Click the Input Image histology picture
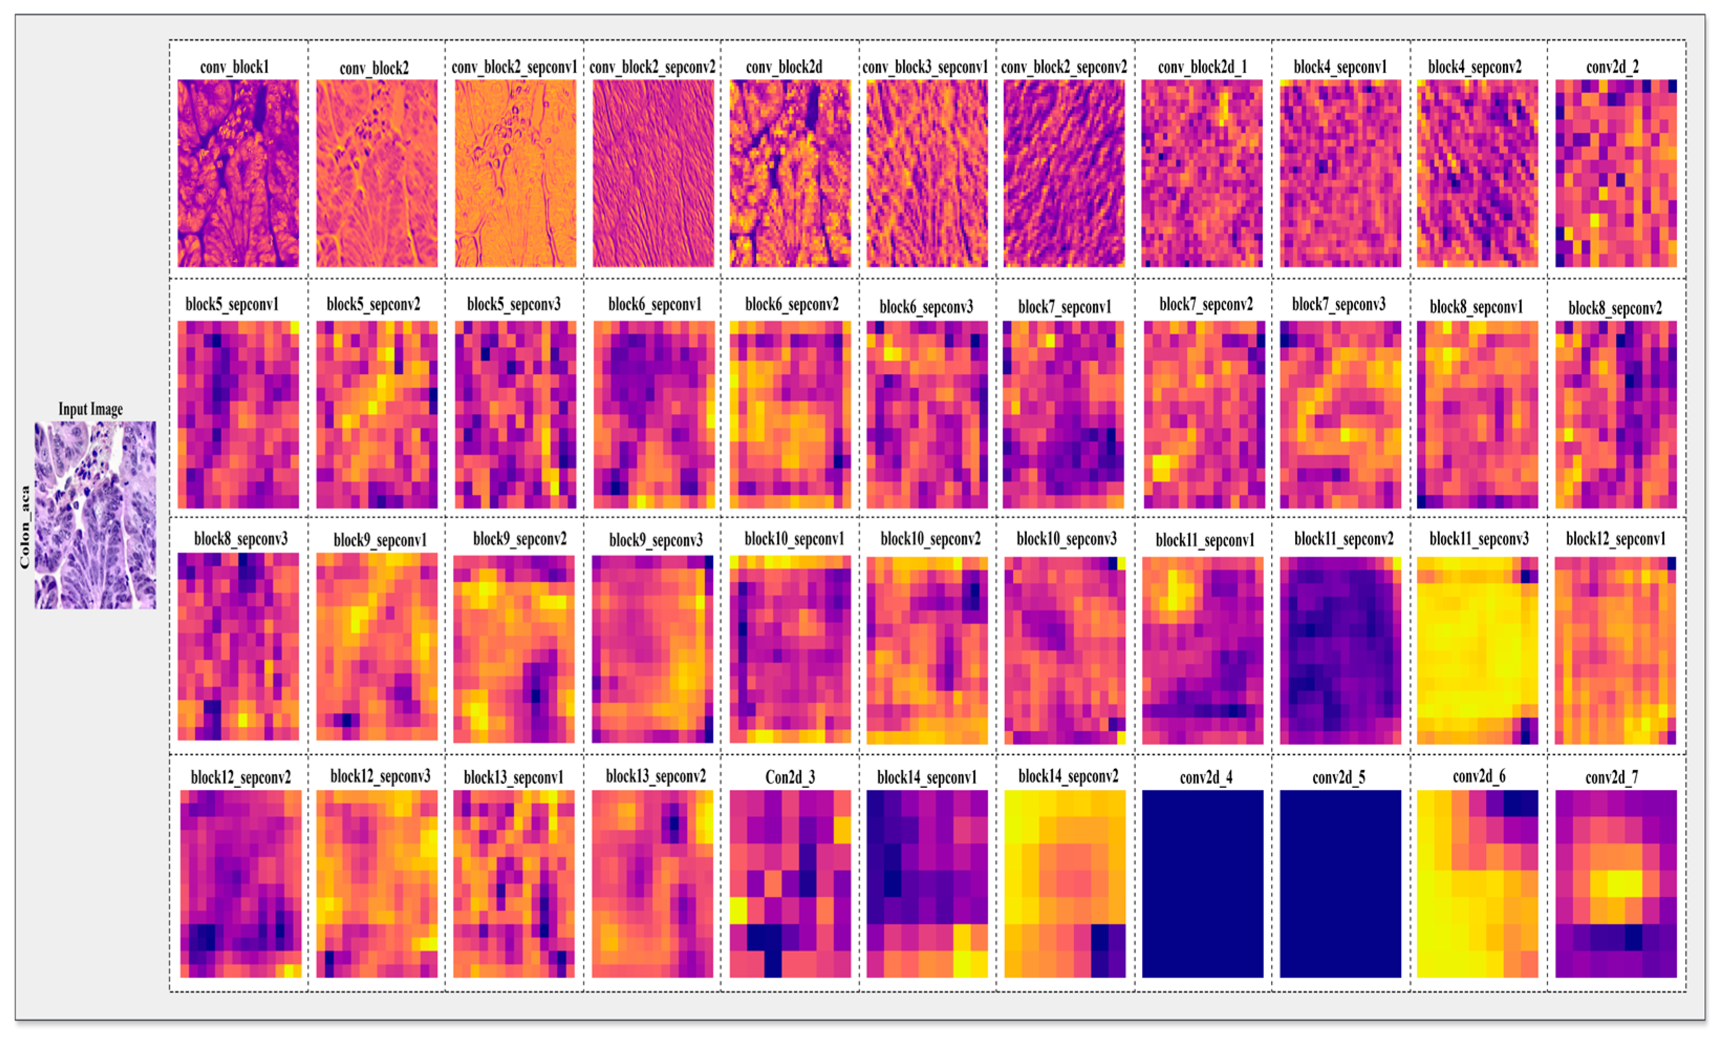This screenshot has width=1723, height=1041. tap(95, 515)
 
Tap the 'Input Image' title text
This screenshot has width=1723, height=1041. tap(90, 409)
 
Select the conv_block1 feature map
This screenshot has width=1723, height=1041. tap(238, 173)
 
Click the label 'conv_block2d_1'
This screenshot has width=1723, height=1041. tap(1202, 67)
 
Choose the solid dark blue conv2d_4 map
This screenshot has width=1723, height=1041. tap(1202, 884)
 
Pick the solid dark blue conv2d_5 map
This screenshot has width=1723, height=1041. tap(1340, 884)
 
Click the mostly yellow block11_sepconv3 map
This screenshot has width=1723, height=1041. tap(1478, 650)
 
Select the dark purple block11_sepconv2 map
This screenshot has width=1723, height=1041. tap(1340, 650)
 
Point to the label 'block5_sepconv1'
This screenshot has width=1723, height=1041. tap(232, 305)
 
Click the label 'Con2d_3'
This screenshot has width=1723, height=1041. tap(790, 777)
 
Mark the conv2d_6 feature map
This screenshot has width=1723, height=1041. tap(1478, 884)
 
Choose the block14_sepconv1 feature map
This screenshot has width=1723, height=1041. tap(927, 884)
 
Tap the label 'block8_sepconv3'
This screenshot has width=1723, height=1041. tap(241, 539)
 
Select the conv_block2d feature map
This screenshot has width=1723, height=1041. tap(790, 173)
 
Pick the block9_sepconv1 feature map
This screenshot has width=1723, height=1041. tap(377, 647)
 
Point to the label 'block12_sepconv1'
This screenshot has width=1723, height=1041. tap(1616, 539)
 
